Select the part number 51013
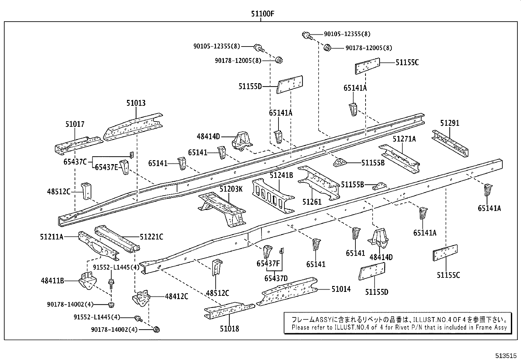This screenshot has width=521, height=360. (136, 104)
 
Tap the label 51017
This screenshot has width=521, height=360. (75, 124)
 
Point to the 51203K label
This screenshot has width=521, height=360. (231, 189)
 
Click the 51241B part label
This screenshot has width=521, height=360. (281, 176)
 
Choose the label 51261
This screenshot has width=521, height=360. (312, 202)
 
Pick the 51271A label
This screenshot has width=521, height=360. (404, 139)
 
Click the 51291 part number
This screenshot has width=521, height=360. (450, 123)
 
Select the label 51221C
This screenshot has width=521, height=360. (151, 237)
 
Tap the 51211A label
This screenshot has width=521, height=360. (52, 237)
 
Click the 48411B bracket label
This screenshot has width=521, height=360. (52, 280)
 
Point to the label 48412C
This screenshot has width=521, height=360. (176, 296)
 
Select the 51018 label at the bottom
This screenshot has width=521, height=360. (229, 329)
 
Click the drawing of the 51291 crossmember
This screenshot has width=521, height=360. (450, 143)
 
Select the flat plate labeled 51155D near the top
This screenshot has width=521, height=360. (290, 85)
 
